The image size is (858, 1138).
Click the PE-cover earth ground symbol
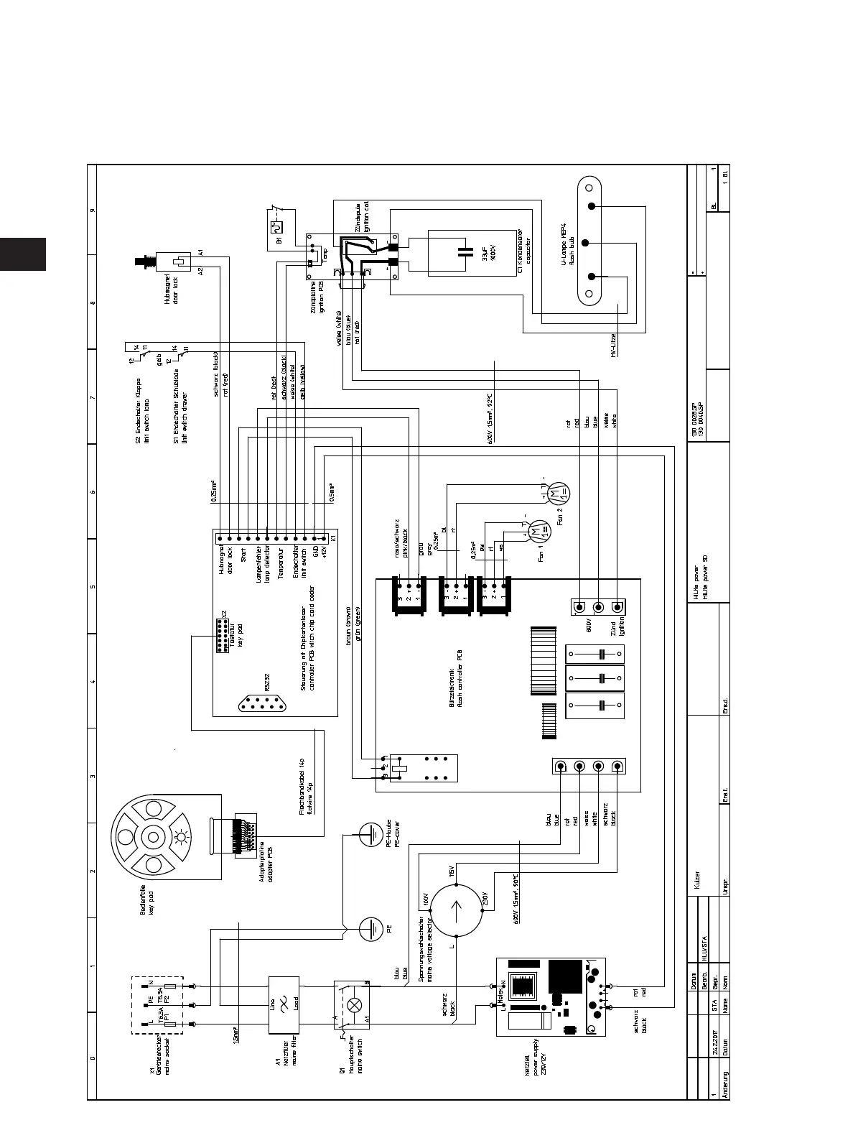[x=371, y=835]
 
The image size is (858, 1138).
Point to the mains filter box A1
[x=284, y=1004]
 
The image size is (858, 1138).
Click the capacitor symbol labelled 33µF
[x=466, y=252]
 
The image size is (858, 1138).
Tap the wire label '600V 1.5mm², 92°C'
[x=490, y=418]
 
